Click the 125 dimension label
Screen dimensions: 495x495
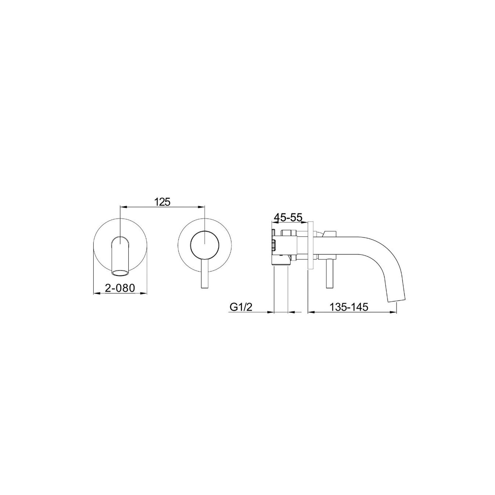(162, 202)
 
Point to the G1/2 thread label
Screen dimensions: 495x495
(241, 307)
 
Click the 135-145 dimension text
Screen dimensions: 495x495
(349, 307)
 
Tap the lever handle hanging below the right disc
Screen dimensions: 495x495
(204, 273)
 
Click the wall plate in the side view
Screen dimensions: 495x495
(310, 245)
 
